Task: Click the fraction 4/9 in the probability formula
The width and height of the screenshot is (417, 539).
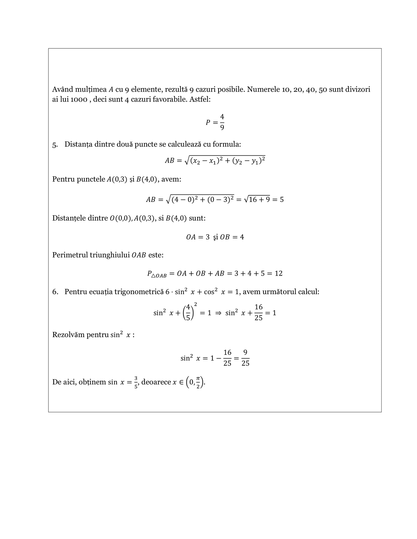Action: tap(222, 122)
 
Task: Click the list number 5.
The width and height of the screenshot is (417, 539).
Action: tap(55, 144)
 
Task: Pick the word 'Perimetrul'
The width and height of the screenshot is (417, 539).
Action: tap(70, 255)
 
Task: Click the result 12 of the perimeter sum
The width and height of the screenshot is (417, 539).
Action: tap(278, 273)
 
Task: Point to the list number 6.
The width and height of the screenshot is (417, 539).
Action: tap(55, 292)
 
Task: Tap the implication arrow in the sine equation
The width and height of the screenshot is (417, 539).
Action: tap(218, 313)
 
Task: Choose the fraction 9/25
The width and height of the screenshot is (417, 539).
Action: tap(245, 358)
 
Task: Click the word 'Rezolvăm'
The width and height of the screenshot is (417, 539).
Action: tap(68, 335)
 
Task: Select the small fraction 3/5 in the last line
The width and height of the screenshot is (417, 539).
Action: tap(136, 382)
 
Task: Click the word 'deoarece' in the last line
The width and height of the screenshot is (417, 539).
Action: tap(156, 382)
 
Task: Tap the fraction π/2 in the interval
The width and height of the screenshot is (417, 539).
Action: tap(198, 382)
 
